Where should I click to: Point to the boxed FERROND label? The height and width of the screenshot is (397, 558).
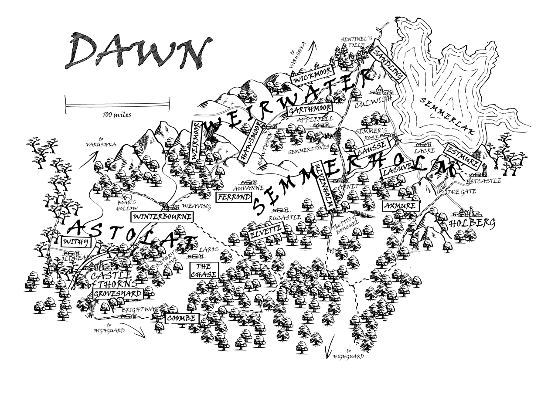(x=235, y=197)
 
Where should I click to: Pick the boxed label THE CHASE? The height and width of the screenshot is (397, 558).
(x=204, y=270)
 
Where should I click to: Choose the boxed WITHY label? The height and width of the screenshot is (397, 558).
(x=75, y=242)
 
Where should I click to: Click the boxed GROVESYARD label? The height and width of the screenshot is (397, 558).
(x=118, y=294)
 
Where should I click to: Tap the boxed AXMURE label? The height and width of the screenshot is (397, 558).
(x=401, y=206)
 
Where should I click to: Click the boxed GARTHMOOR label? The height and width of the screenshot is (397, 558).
(x=310, y=109)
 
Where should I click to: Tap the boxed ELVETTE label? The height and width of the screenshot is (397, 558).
(x=266, y=232)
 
